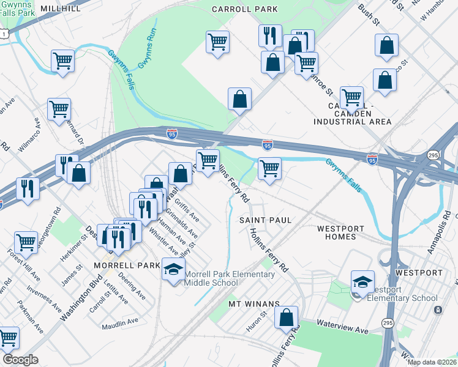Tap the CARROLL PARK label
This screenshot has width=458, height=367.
[244, 9]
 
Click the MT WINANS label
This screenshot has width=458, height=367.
[253, 303]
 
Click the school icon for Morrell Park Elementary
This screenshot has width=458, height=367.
[174, 270]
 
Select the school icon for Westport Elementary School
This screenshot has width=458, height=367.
[363, 282]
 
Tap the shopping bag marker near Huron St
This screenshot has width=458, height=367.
[286, 317]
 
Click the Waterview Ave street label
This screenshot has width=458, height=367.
[342, 325]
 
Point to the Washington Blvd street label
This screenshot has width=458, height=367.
[82, 299]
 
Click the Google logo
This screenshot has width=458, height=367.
[20, 360]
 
